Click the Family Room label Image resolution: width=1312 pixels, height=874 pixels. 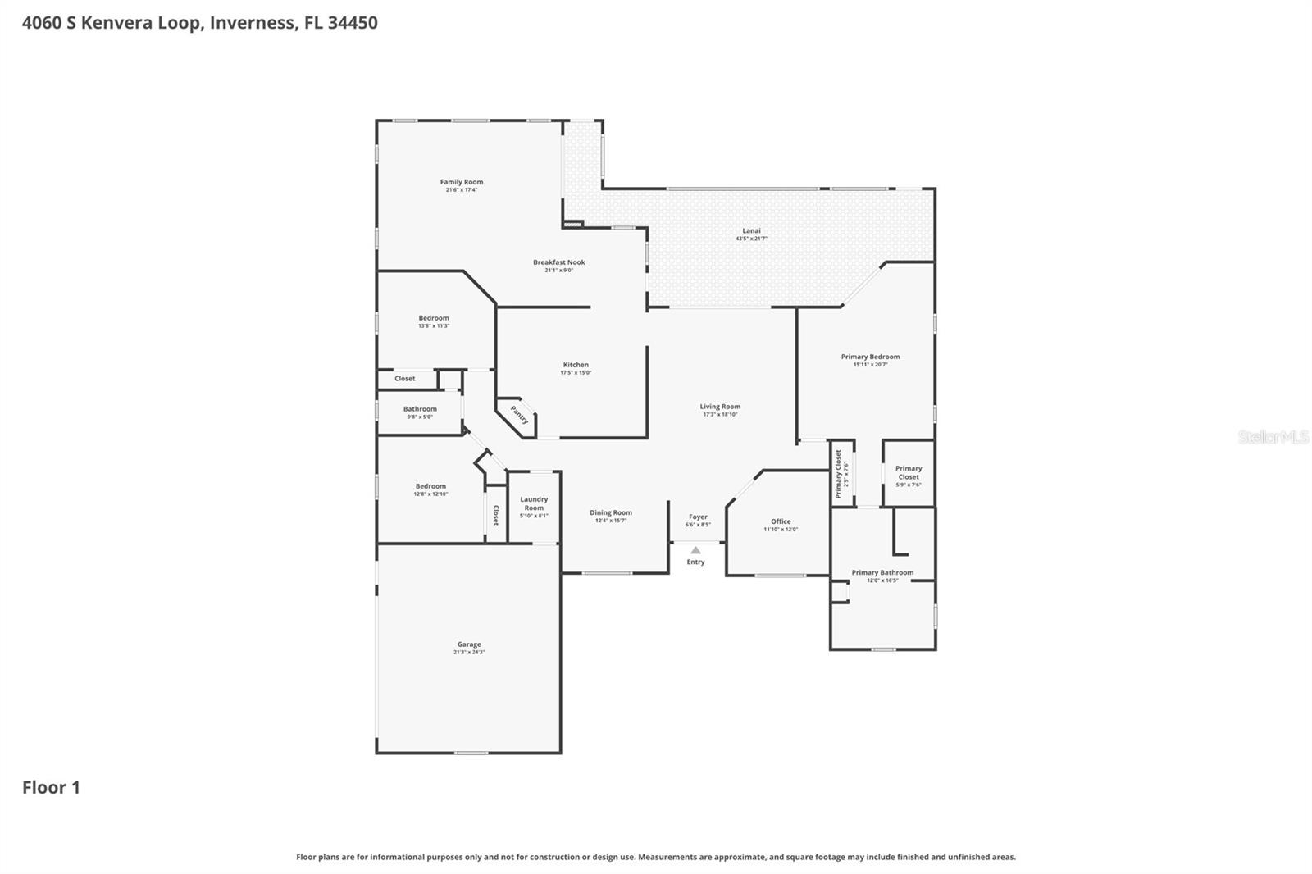click(462, 182)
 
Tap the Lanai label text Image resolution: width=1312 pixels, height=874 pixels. click(752, 231)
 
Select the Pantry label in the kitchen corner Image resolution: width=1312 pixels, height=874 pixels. click(519, 415)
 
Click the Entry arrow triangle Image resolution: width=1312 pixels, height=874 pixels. click(695, 550)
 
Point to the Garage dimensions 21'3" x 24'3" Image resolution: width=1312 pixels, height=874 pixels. click(469, 653)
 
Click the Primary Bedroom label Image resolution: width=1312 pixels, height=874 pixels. click(870, 357)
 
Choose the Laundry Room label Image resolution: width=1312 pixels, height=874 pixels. click(534, 503)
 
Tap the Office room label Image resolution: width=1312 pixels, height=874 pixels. click(781, 521)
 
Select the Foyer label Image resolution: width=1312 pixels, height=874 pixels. click(698, 517)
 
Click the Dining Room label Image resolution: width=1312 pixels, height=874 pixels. click(611, 513)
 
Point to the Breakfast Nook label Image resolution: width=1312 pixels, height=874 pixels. click(559, 262)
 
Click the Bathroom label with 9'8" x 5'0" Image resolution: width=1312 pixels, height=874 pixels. click(420, 409)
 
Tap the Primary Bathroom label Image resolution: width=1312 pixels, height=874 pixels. click(882, 573)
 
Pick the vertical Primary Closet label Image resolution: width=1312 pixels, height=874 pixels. click(839, 474)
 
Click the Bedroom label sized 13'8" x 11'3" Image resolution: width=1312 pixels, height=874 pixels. click(434, 318)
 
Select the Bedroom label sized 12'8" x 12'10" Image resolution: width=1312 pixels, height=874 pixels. click(430, 486)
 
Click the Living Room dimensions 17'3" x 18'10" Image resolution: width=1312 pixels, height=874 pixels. click(720, 415)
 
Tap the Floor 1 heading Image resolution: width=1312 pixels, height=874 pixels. click(51, 788)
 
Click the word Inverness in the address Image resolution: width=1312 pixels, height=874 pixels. click(253, 23)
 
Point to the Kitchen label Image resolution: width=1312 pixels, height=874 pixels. click(576, 365)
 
